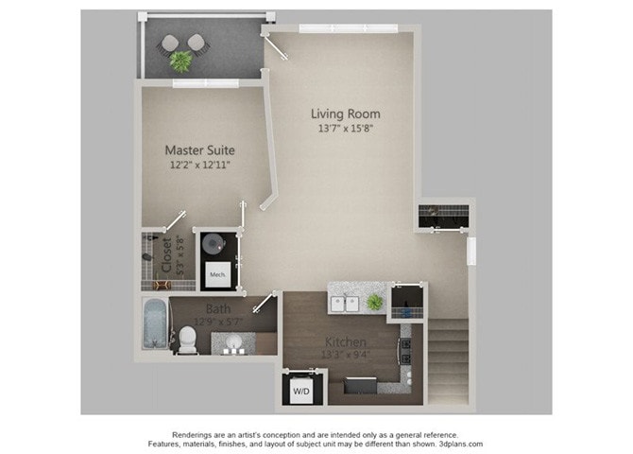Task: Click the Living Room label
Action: [x=345, y=114]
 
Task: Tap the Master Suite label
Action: [x=199, y=149]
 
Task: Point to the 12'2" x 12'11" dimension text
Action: [x=199, y=165]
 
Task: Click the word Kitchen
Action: [x=348, y=341]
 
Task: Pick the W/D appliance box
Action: [x=300, y=389]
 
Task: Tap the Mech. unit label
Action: [x=216, y=276]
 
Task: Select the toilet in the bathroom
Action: [x=187, y=338]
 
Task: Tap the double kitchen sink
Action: [x=346, y=304]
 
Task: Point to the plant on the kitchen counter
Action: [x=375, y=302]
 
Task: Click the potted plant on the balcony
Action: [x=180, y=61]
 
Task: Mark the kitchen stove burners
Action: [x=405, y=351]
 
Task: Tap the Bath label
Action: [x=218, y=309]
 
